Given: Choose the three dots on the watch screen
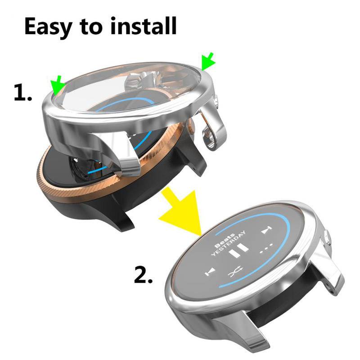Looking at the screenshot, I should click(x=267, y=248).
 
